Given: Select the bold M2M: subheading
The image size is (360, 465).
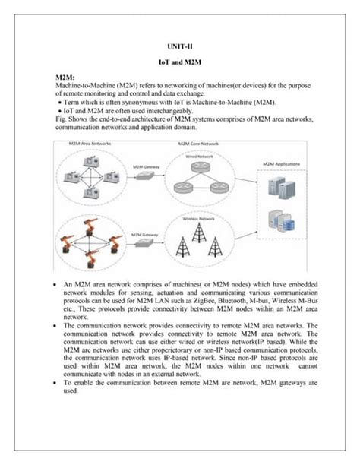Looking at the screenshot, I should [x=65, y=78].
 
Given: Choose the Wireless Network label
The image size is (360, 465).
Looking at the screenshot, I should [x=197, y=218].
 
